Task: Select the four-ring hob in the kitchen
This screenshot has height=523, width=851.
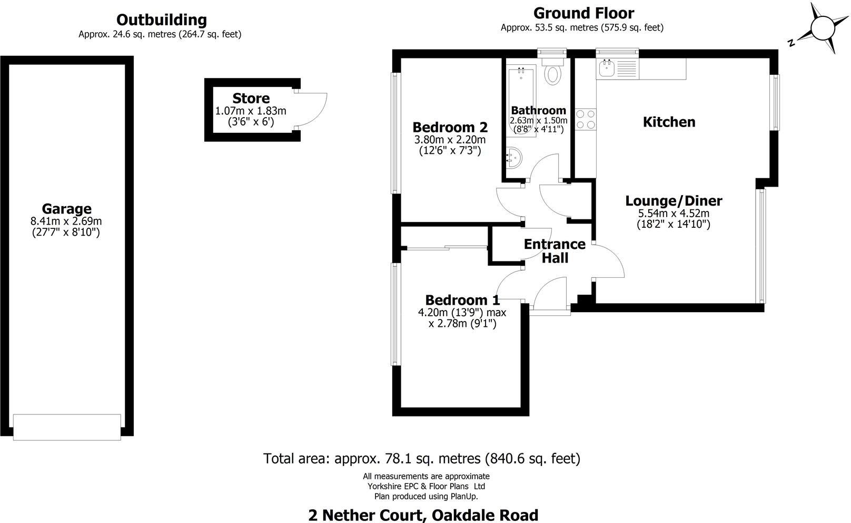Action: click(585, 119)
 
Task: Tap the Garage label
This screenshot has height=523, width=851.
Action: click(66, 209)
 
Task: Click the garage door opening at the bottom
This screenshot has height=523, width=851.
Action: click(66, 427)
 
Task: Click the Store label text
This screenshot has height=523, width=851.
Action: click(251, 99)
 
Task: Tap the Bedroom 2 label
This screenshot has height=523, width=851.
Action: click(450, 127)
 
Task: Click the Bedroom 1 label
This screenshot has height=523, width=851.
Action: click(462, 300)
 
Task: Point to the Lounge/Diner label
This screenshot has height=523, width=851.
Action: click(674, 201)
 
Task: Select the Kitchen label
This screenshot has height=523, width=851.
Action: click(669, 122)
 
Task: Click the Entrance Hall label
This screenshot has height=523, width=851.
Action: click(555, 251)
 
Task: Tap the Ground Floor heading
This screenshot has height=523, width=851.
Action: click(583, 13)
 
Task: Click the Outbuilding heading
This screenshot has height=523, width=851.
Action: click(161, 20)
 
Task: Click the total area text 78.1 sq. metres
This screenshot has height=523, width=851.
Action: click(421, 458)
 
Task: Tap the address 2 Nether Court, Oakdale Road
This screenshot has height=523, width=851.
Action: click(423, 515)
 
